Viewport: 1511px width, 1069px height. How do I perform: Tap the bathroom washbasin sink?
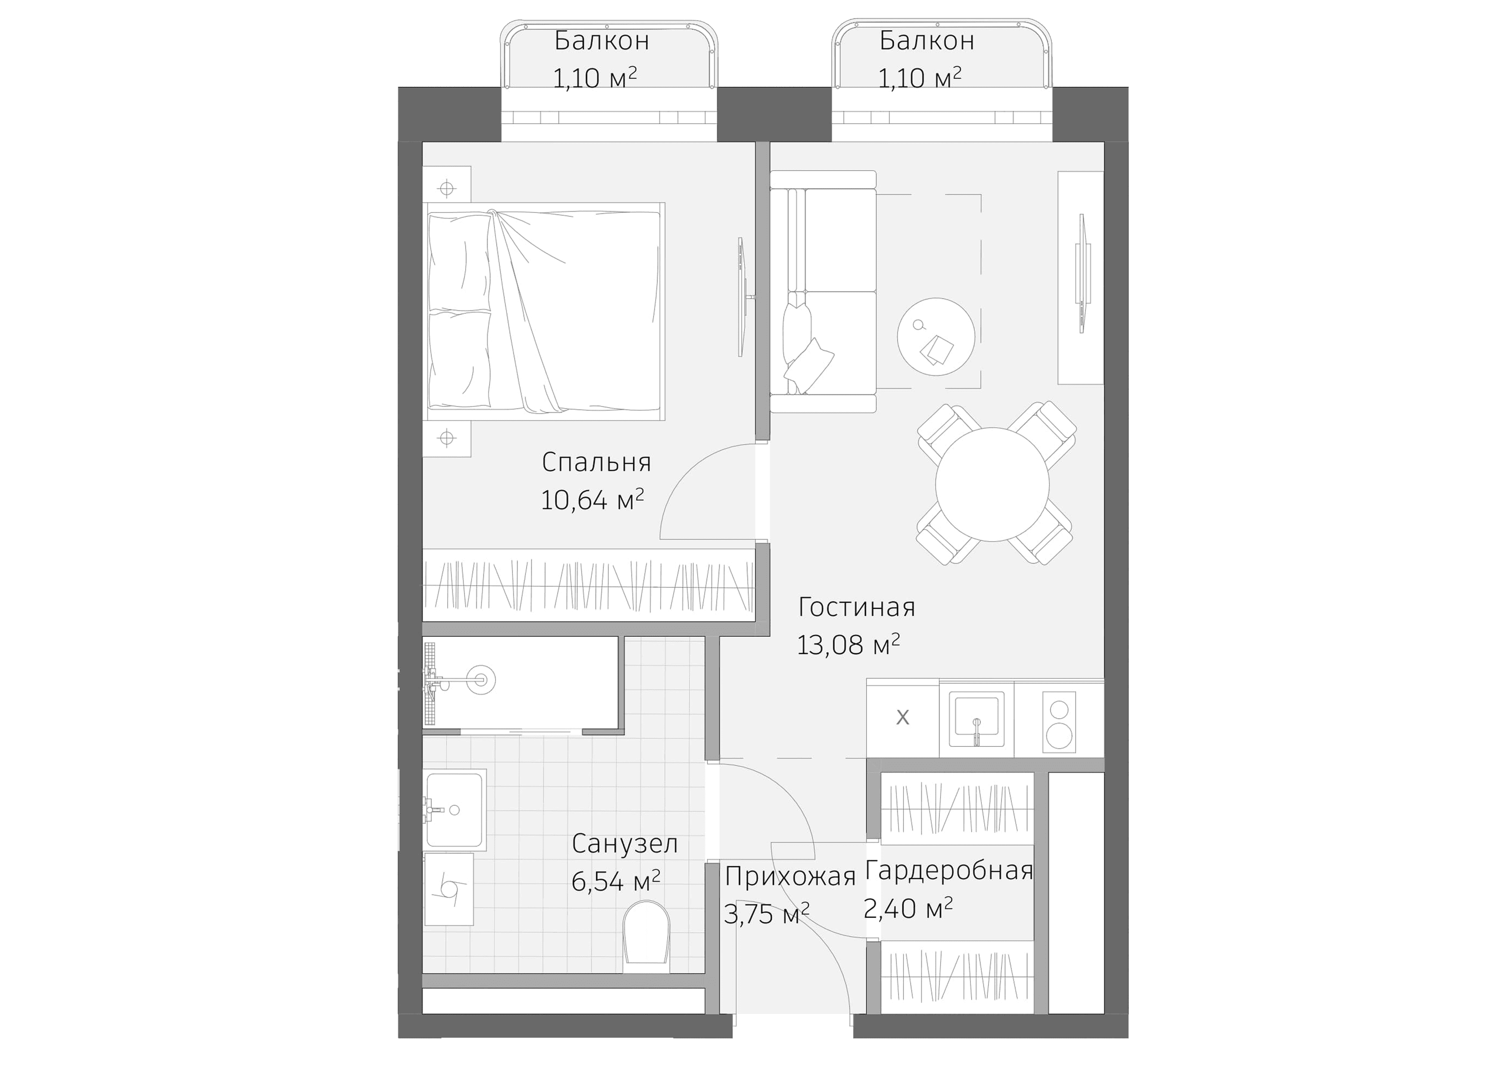point(455,810)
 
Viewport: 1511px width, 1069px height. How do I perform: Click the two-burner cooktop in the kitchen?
point(1059,722)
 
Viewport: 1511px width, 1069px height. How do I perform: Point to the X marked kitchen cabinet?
point(902,717)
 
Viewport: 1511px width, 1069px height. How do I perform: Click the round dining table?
point(992,484)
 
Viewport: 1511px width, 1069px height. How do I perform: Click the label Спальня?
point(596,462)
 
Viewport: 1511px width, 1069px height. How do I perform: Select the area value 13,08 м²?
point(848,645)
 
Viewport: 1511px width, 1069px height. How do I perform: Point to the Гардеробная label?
point(948,871)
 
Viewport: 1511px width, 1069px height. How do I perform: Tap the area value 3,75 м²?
point(766,913)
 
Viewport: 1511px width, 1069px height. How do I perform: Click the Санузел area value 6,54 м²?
point(616,881)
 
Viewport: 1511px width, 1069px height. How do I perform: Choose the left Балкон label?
point(601,41)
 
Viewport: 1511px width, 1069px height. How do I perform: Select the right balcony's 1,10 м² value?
point(919,78)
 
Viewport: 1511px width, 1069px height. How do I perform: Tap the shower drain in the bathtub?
point(480,679)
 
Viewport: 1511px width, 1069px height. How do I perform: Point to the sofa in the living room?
point(823,292)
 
